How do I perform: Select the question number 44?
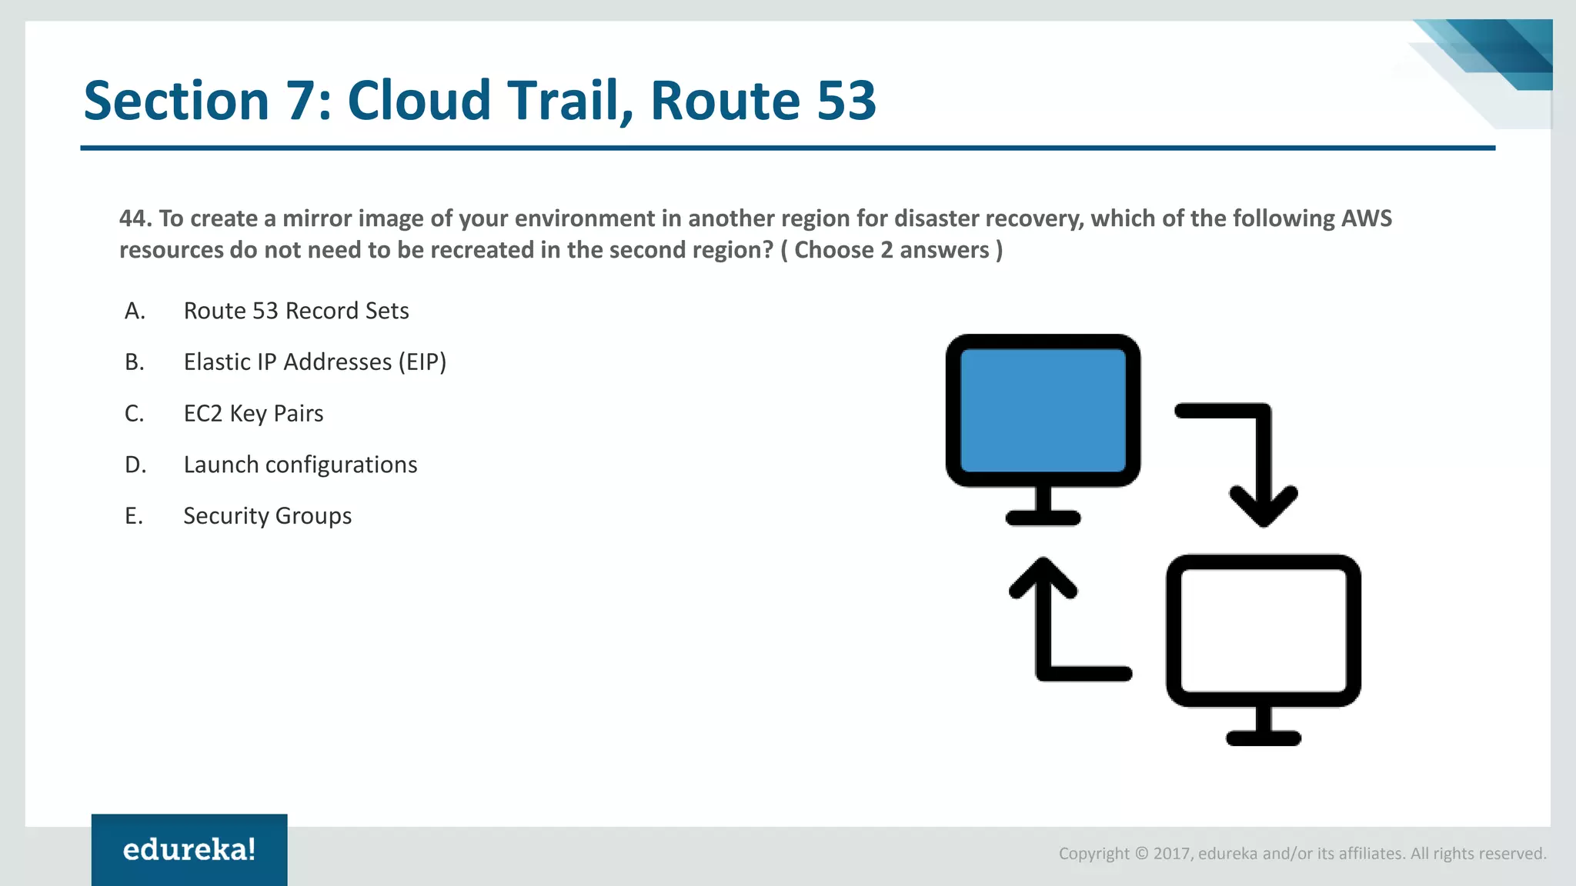coord(135,218)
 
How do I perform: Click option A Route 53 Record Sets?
coord(295,311)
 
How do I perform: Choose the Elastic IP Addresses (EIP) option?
coord(315,362)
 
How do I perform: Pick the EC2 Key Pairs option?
coord(253,414)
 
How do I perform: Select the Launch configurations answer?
coord(300,465)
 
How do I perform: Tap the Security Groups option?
coord(267,516)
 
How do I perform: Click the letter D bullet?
coord(135,465)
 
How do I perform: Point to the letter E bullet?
coord(134,516)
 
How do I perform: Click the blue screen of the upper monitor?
coord(1043,410)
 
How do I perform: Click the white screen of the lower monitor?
coord(1263,631)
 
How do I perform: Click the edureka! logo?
coord(189,850)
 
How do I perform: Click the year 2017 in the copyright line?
coord(1172,854)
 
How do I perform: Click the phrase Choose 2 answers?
coord(891,250)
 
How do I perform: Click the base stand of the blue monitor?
coord(1043,518)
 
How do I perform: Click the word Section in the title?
coord(176,101)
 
